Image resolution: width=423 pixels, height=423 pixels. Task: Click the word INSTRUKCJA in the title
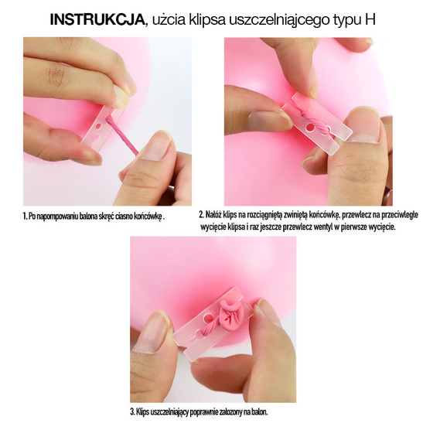(97, 19)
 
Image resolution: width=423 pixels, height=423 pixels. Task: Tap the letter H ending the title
(370, 19)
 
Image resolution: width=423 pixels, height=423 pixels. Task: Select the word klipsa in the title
(207, 20)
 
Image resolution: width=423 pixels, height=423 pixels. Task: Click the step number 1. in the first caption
(25, 216)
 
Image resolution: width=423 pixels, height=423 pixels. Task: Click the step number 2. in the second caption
(202, 215)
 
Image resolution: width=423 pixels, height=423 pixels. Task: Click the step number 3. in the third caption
(132, 412)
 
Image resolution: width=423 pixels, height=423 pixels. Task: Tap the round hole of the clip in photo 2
(310, 128)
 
